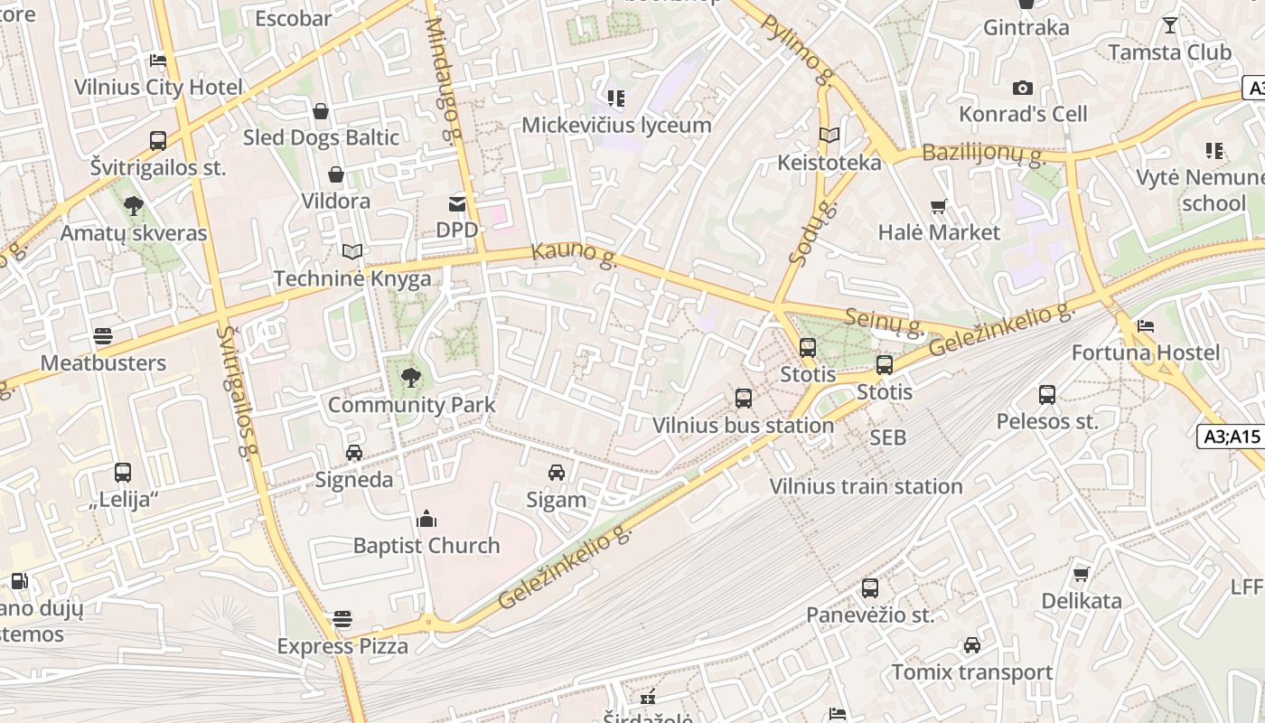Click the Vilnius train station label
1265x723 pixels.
click(x=866, y=486)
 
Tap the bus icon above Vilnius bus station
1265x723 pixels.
click(x=743, y=398)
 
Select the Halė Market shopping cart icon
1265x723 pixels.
click(x=939, y=206)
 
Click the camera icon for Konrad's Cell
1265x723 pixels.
click(x=1023, y=88)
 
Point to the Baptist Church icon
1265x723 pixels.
click(x=426, y=519)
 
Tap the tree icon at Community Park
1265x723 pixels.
click(x=411, y=377)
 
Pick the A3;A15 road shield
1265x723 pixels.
click(x=1232, y=437)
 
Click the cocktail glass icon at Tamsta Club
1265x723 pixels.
click(x=1170, y=25)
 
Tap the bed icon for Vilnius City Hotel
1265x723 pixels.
click(x=158, y=61)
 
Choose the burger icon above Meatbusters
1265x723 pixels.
click(x=103, y=336)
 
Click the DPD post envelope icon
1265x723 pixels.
click(x=456, y=203)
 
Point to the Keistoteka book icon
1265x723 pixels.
click(x=829, y=136)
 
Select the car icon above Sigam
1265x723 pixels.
click(x=557, y=472)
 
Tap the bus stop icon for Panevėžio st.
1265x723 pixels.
click(x=870, y=588)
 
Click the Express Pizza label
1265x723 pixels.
click(x=342, y=646)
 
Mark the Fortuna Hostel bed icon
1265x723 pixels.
click(x=1146, y=325)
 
